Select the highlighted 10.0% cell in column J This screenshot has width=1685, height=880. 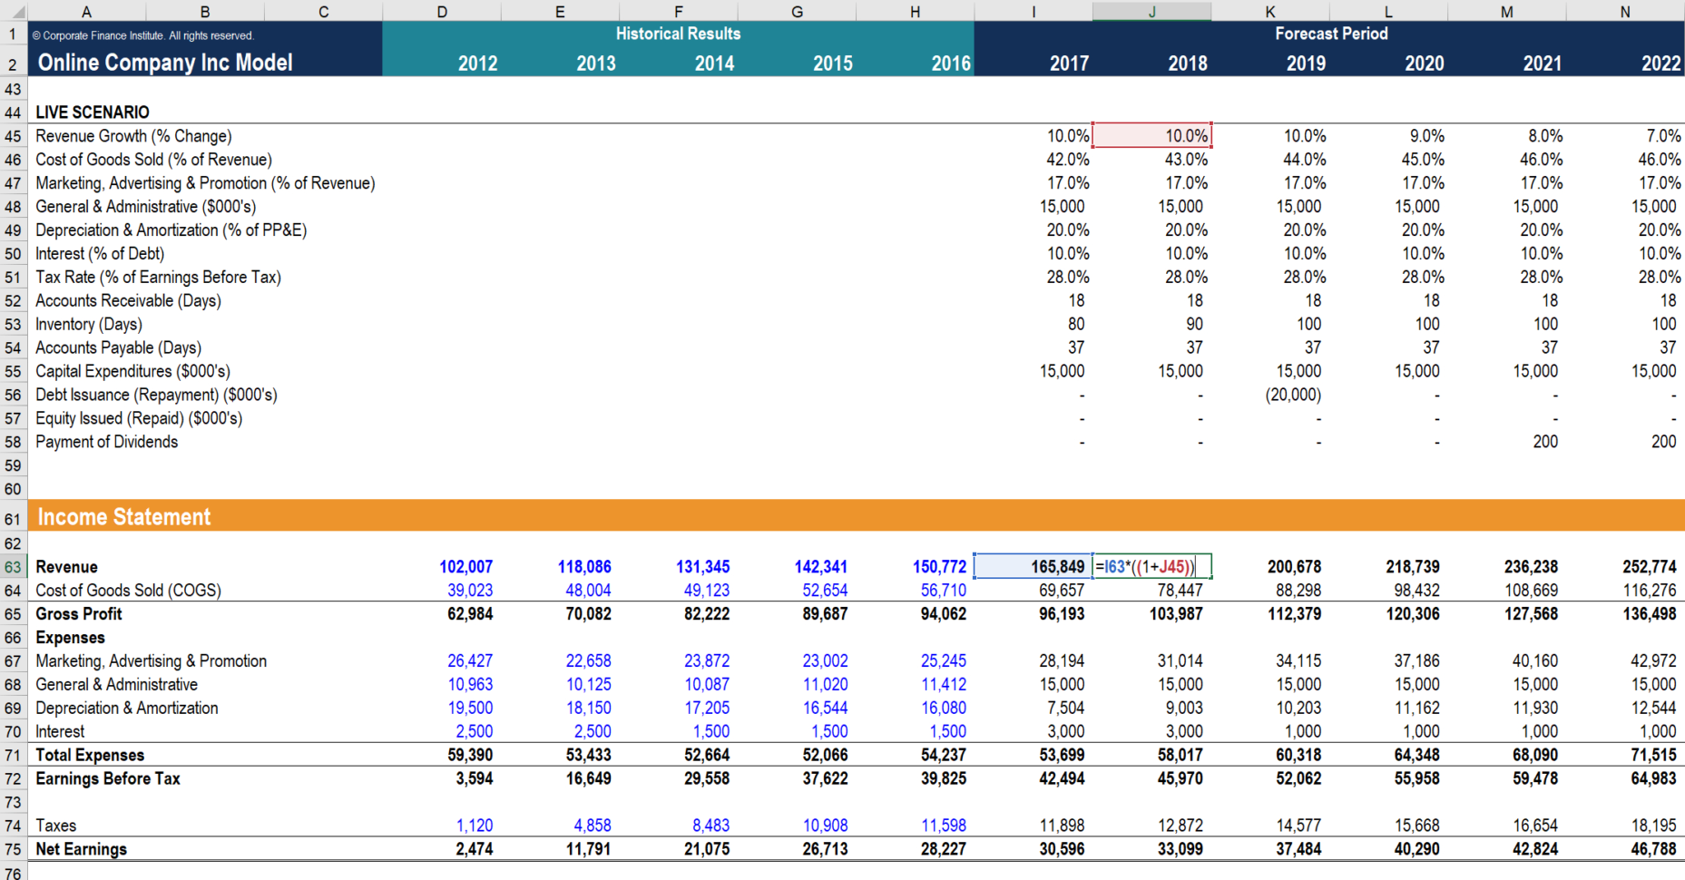coord(1151,136)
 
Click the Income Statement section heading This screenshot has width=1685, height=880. coord(124,517)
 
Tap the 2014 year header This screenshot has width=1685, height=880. coord(714,64)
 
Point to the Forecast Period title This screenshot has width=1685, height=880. coord(1330,34)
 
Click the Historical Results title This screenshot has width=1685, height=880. coord(678,34)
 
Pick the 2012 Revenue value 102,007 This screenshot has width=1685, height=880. coord(466,567)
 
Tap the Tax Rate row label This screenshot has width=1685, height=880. coord(158,278)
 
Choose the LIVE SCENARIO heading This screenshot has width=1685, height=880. coord(93,112)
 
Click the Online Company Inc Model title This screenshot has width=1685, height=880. coord(165,63)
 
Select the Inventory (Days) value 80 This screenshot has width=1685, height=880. coord(1076,325)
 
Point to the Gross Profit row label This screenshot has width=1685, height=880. coord(79,614)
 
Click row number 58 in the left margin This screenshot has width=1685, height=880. coord(13,443)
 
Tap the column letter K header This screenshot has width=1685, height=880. coord(1269,12)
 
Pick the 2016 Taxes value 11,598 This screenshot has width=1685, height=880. coord(944,826)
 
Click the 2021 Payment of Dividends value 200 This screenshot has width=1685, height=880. coord(1545,442)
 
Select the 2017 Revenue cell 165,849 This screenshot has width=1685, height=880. coord(1057,567)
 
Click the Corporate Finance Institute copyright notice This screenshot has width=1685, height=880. coord(142,36)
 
